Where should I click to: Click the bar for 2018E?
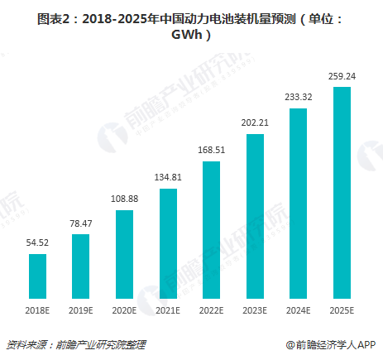(x=37, y=276)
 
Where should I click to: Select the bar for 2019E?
(x=81, y=266)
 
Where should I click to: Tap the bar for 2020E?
(x=124, y=254)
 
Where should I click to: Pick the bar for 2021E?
(x=168, y=243)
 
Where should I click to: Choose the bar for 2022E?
(x=211, y=230)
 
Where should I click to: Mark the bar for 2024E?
(x=298, y=204)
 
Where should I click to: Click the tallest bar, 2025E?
(x=342, y=193)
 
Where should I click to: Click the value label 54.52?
(x=37, y=243)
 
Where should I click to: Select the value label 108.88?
(x=124, y=199)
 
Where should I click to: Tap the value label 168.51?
(x=211, y=151)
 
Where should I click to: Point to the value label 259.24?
(x=342, y=76)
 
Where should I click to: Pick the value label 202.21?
(x=255, y=122)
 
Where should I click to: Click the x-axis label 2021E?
(x=168, y=310)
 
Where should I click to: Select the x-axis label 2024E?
(x=298, y=310)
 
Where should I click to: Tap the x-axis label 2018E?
(x=37, y=310)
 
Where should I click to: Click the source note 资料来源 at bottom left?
(x=26, y=344)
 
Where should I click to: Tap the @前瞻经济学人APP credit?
(x=331, y=344)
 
